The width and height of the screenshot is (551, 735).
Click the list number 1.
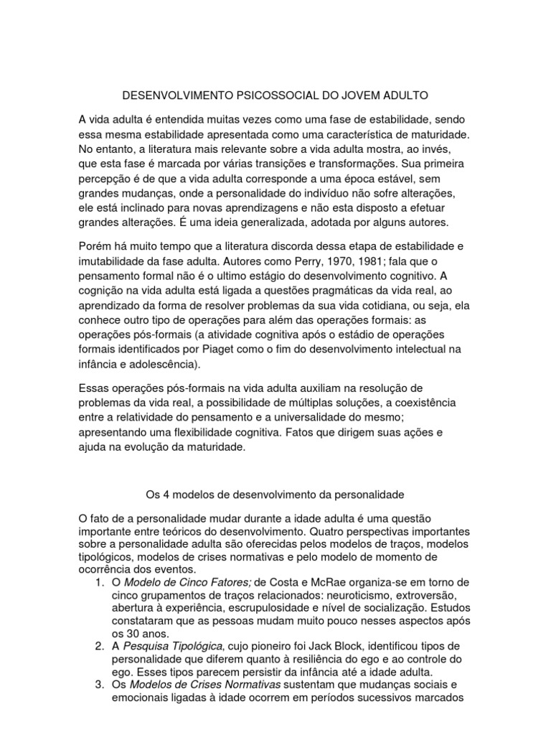pos(100,581)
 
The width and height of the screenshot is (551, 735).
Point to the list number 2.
pos(100,647)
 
